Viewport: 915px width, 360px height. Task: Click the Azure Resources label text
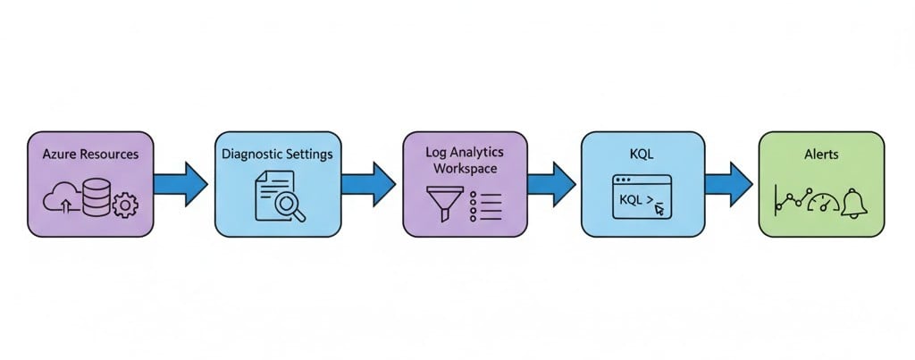[90, 154]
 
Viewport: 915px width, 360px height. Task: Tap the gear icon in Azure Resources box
[125, 205]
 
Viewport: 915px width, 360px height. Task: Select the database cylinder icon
[95, 197]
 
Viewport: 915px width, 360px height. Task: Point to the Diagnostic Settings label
[277, 154]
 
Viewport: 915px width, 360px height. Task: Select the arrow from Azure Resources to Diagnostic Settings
[180, 183]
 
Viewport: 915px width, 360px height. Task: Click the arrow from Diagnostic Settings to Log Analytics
[368, 183]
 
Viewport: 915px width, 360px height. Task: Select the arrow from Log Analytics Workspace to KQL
[550, 183]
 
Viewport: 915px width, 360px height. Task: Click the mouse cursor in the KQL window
[659, 209]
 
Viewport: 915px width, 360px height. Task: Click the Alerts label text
[820, 154]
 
